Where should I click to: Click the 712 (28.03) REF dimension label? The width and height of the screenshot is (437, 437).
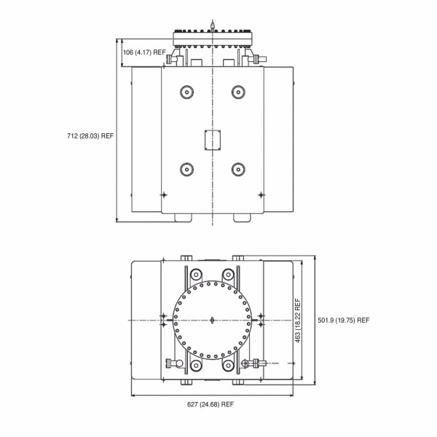click(x=90, y=135)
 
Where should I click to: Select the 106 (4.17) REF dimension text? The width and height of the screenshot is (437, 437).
click(x=144, y=52)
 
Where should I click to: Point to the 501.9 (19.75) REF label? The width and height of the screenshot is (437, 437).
click(x=344, y=320)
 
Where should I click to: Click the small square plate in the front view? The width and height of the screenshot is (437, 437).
click(x=212, y=140)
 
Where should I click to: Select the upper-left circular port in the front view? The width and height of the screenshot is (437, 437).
click(x=186, y=92)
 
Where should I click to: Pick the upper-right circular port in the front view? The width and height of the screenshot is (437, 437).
click(x=237, y=92)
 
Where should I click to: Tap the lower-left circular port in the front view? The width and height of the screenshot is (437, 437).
click(x=186, y=169)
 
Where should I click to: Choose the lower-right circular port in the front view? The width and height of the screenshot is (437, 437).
click(x=237, y=169)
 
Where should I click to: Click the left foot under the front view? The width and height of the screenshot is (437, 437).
click(x=183, y=217)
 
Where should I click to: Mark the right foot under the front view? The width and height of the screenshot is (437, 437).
click(x=240, y=217)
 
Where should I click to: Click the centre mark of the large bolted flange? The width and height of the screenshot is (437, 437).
click(x=212, y=320)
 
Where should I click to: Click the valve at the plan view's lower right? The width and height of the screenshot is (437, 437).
click(x=253, y=362)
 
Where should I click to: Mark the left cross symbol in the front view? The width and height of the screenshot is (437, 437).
click(x=163, y=194)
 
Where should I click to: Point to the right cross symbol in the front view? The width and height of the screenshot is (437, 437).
click(x=261, y=194)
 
